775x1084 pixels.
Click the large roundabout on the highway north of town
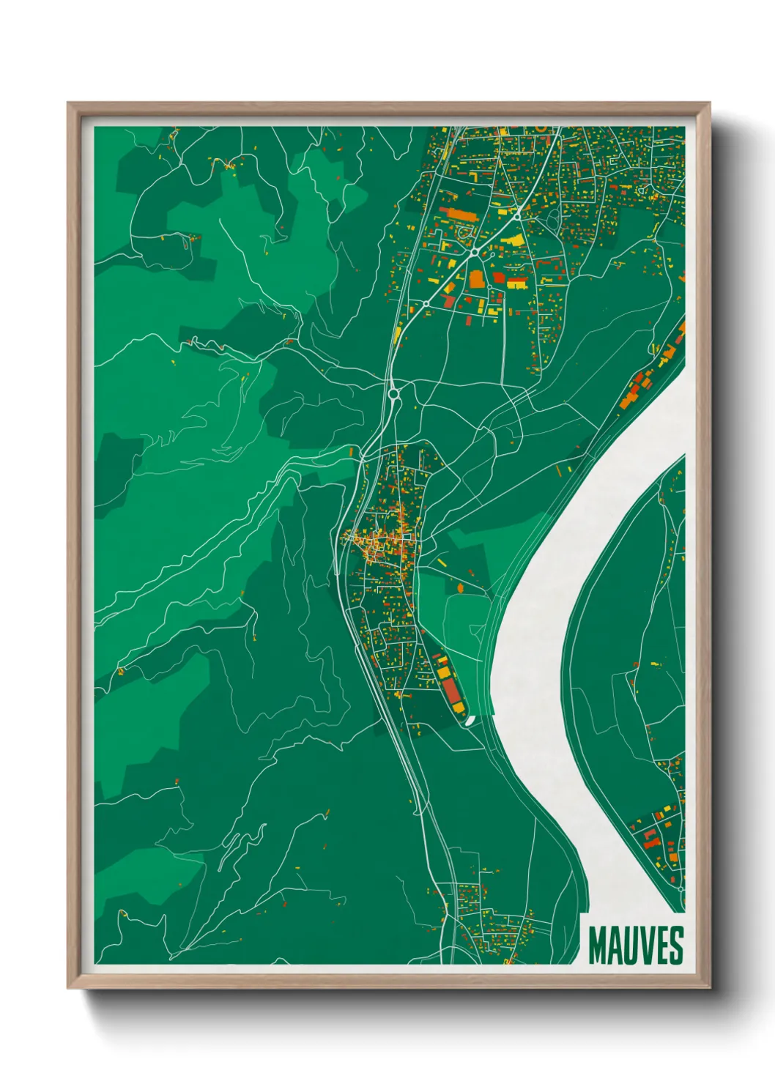(394, 394)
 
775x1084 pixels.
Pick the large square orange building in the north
(476, 279)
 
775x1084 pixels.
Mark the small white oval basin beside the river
(470, 721)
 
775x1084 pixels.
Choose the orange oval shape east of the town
(460, 587)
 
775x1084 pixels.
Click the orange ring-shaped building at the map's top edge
(541, 128)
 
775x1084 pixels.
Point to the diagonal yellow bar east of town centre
(442, 563)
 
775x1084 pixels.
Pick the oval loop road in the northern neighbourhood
(463, 233)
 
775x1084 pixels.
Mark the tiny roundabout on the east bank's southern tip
(681, 888)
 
